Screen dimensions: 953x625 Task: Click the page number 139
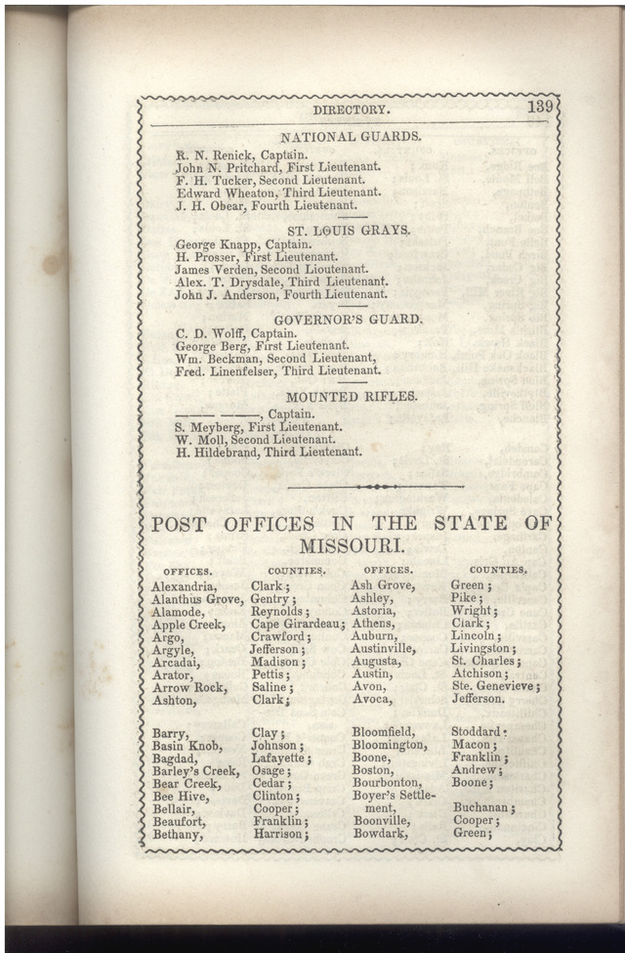541,107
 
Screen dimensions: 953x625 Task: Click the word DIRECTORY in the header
351,110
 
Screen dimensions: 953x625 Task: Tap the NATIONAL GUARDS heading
351,137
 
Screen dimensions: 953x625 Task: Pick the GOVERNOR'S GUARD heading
348,320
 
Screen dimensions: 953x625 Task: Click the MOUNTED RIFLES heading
351,397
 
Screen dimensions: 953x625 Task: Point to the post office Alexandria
184,586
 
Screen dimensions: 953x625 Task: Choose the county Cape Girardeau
297,625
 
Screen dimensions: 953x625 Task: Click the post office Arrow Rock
188,687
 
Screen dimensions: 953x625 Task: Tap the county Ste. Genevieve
494,687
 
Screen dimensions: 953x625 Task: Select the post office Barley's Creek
194,771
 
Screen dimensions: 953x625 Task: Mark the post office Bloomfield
383,732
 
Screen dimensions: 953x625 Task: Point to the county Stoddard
479,732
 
